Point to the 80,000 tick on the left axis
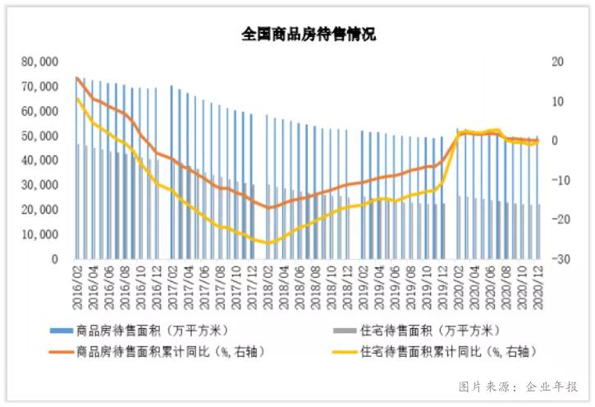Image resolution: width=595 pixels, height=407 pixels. click(40, 62)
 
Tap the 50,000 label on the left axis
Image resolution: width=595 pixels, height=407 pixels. click(40, 136)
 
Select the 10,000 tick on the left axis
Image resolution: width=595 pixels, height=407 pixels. click(40, 234)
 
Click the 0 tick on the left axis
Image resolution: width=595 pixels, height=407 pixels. click(54, 259)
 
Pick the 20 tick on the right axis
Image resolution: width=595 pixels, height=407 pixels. click(557, 62)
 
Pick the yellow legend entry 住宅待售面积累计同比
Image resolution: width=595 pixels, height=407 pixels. click(443, 351)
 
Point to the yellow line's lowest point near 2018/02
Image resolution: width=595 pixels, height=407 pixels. click(267, 243)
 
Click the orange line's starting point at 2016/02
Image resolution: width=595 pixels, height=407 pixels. click(77, 79)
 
